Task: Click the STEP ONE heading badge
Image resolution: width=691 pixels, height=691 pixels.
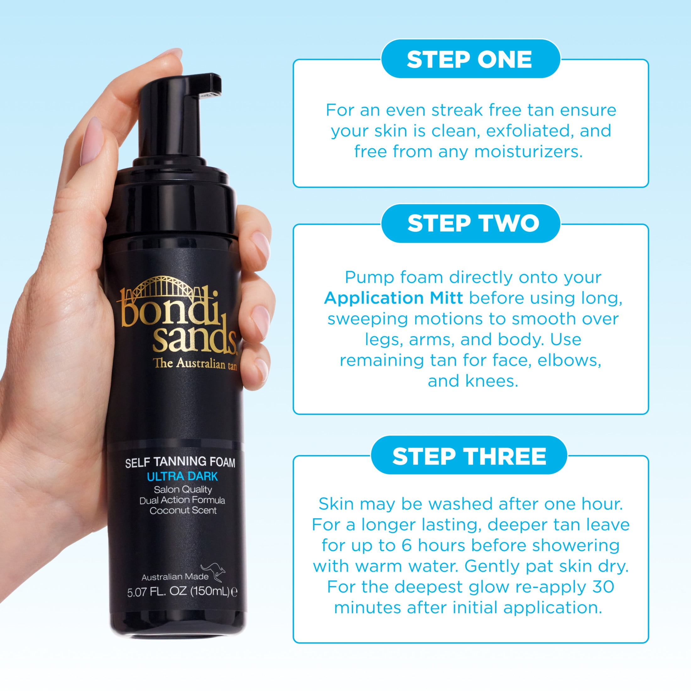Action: [470, 59]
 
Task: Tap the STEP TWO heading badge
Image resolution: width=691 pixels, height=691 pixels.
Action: [470, 223]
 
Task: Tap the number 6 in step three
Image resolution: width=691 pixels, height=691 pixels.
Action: [407, 546]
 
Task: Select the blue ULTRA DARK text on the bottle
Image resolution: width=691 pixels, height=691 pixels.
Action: [182, 476]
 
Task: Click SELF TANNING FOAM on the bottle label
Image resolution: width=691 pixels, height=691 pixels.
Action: [180, 462]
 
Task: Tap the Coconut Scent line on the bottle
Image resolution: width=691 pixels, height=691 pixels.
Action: [183, 510]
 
